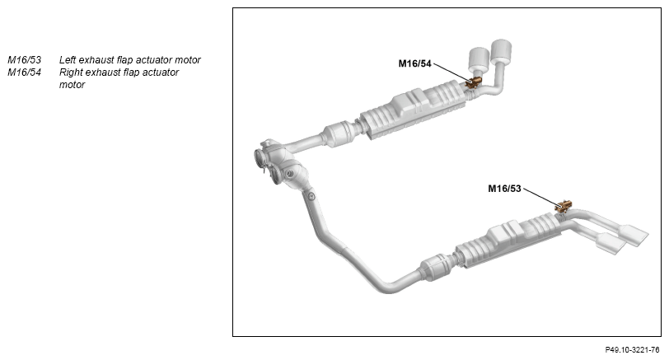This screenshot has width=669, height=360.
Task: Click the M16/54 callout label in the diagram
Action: click(x=414, y=63)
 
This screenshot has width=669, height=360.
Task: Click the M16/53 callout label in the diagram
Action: click(x=504, y=189)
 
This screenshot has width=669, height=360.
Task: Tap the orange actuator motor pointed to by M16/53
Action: click(x=564, y=207)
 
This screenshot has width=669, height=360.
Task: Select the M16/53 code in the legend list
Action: click(x=25, y=60)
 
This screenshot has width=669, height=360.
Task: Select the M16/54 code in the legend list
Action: click(x=25, y=72)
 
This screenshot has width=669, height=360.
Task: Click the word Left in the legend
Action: click(x=68, y=60)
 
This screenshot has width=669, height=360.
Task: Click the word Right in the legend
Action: click(x=71, y=72)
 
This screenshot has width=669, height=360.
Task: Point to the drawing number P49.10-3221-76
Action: click(x=632, y=350)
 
